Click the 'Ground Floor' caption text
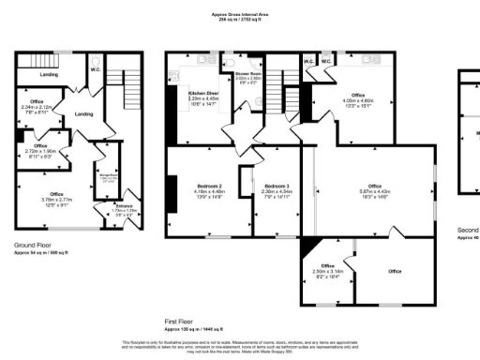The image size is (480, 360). click(x=32, y=246)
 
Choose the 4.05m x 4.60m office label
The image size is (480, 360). click(x=357, y=99)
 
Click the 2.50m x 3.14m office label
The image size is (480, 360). click(x=328, y=271)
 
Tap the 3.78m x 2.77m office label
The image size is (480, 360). click(x=56, y=198)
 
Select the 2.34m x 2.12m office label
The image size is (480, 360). click(x=37, y=105)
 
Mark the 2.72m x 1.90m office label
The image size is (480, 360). click(x=40, y=150)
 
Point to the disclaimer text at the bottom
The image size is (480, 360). click(x=240, y=346)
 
